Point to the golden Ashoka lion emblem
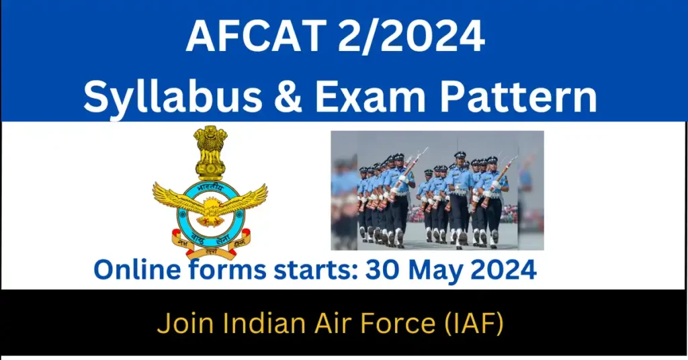click(210, 152)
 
